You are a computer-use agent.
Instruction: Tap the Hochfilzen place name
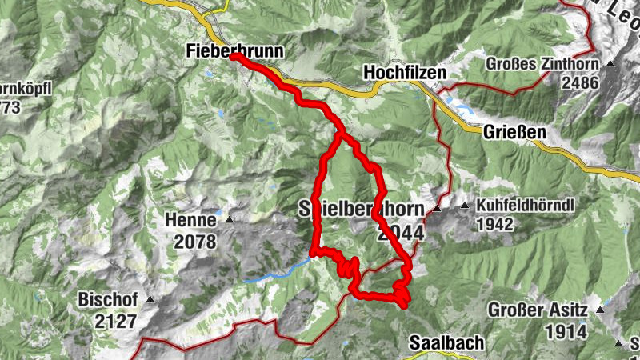pyautogui.click(x=403, y=72)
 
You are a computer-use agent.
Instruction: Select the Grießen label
pyautogui.click(x=515, y=132)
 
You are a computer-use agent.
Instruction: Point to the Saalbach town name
pyautogui.click(x=446, y=343)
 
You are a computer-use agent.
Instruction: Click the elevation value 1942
pyautogui.click(x=494, y=225)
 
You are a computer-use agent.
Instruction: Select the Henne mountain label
pyautogui.click(x=191, y=219)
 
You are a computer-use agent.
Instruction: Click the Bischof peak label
pyautogui.click(x=108, y=300)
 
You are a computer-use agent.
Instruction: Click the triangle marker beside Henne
pyautogui.click(x=230, y=219)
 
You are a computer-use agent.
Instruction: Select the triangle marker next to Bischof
pyautogui.click(x=148, y=300)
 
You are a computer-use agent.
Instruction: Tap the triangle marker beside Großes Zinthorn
pyautogui.click(x=610, y=63)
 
